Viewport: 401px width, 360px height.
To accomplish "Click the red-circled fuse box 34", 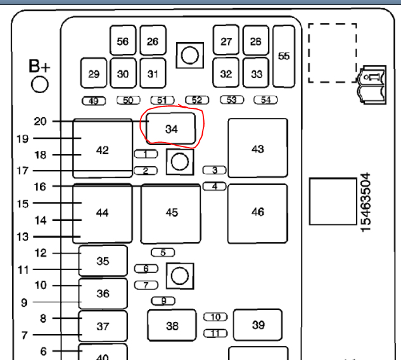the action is coord(172,129).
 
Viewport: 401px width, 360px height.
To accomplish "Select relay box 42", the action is coord(102,150).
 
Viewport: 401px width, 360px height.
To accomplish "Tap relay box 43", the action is coord(257,148).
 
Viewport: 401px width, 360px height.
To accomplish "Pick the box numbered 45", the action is coord(171,213).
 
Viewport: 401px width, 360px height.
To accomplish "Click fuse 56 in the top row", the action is coord(123,41).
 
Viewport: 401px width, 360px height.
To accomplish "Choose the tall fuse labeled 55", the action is coord(284,56).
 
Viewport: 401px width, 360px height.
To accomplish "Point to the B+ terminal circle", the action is coord(40,84).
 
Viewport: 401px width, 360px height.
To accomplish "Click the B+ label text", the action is coord(40,67).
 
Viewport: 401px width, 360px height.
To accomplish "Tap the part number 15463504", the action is coord(366,202).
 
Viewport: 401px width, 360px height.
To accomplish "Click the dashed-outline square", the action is coord(332,53).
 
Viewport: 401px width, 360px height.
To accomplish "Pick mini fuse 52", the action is coord(197,100).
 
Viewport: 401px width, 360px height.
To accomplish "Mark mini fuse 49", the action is coord(94,101).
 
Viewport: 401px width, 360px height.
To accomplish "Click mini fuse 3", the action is coord(215,170).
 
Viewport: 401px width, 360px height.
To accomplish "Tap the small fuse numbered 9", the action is coord(163,300).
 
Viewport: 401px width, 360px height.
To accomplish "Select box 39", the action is coord(258,325).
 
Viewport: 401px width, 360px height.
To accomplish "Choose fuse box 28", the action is coord(256,41).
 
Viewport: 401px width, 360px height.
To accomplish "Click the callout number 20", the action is coord(40,121).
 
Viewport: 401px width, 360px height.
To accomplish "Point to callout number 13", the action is coord(40,236).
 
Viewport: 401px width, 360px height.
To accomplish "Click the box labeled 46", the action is coord(257,212).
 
